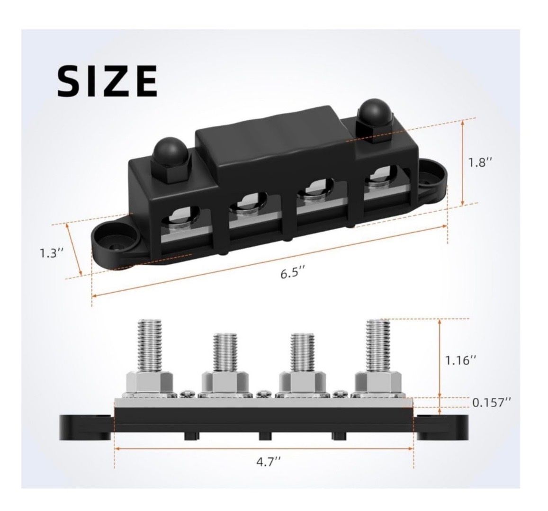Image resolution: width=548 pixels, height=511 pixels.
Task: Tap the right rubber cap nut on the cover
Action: coord(374,119)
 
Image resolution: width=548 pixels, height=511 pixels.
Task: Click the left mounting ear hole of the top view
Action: coord(114,245)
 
